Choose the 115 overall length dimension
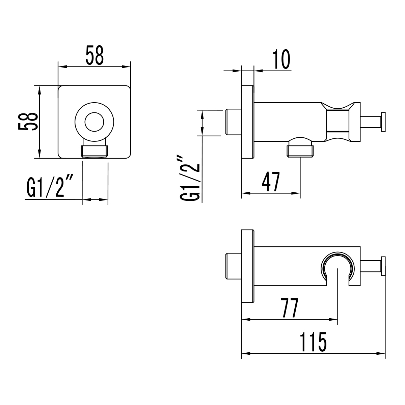pyautogui.click(x=314, y=343)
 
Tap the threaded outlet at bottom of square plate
pyautogui.click(x=94, y=151)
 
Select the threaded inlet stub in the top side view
pyautogui.click(x=233, y=122)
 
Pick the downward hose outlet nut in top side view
pyautogui.click(x=300, y=150)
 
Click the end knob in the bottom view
pyautogui.click(x=383, y=266)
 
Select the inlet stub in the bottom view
pyautogui.click(x=233, y=266)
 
